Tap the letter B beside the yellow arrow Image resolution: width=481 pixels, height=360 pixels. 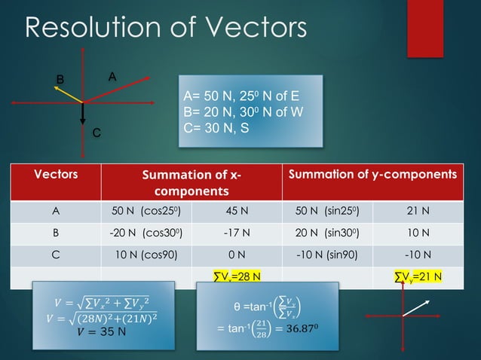pos(60,79)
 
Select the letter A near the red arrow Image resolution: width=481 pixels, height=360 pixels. pos(112,76)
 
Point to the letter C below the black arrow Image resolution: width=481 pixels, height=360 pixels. pos(96,133)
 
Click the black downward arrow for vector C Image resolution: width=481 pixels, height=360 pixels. pos(83,114)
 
